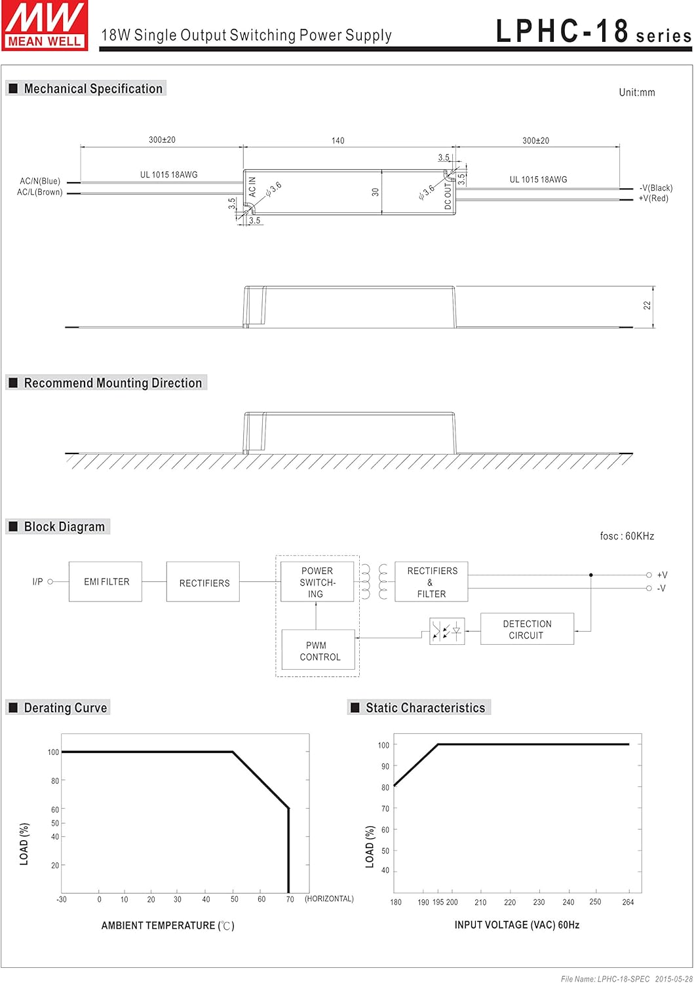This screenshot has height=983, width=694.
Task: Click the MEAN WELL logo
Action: tap(45, 26)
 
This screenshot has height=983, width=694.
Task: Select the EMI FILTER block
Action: tap(106, 582)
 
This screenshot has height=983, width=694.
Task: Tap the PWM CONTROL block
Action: tap(318, 651)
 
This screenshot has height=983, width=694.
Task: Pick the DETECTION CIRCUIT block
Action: tap(527, 629)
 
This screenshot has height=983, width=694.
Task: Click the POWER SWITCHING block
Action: tap(317, 582)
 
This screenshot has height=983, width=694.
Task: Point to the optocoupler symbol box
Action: tap(447, 631)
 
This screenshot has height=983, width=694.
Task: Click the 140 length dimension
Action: tap(337, 140)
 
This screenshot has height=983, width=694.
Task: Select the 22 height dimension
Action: tap(647, 305)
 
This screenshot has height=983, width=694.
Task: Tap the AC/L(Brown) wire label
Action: tap(40, 192)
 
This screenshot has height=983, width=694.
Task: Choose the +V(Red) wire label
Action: tap(653, 199)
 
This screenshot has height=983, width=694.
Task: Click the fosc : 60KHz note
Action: tap(627, 536)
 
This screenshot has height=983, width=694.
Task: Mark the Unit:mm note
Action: tap(636, 92)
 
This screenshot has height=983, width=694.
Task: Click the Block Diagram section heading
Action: tap(64, 527)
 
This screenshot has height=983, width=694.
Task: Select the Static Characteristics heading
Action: tap(425, 708)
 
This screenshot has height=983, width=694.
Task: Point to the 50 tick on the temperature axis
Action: tap(235, 900)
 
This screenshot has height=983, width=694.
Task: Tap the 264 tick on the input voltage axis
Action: tap(628, 902)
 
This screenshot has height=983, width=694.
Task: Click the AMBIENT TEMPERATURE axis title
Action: tap(167, 925)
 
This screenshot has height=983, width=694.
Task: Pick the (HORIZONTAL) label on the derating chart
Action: tap(329, 899)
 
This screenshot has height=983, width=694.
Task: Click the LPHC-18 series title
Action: tap(593, 31)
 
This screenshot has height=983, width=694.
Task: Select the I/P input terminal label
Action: tap(37, 582)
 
